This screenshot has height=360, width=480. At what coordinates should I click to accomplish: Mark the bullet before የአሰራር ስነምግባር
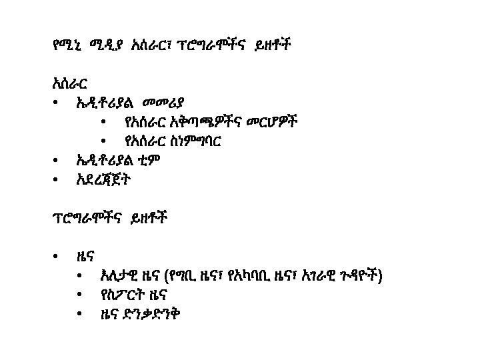click(103, 142)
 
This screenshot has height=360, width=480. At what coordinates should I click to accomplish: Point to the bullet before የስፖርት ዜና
click(80, 295)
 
